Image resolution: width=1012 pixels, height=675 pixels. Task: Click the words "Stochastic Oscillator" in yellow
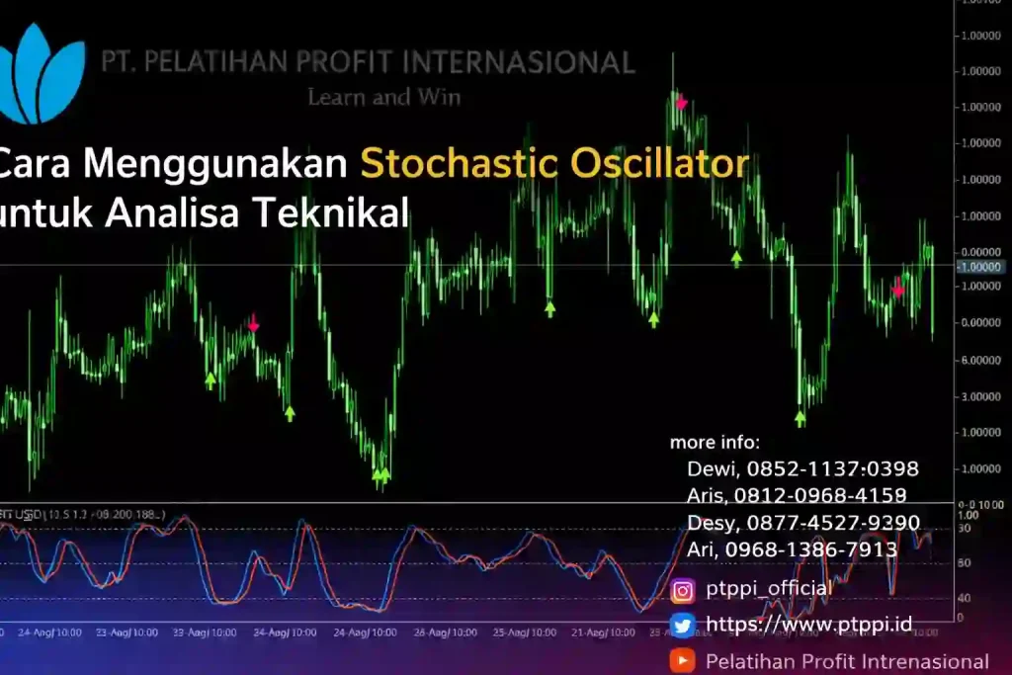pyautogui.click(x=553, y=164)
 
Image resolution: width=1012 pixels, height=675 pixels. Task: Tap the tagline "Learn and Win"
pyautogui.click(x=383, y=97)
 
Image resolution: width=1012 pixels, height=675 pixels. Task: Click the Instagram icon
pyautogui.click(x=682, y=591)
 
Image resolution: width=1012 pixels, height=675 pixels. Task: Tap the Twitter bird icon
pyautogui.click(x=682, y=626)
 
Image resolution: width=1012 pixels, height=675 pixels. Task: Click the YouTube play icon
pyautogui.click(x=682, y=660)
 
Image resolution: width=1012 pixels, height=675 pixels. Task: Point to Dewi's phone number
pyautogui.click(x=832, y=468)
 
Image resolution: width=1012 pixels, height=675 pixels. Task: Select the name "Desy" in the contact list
pyautogui.click(x=710, y=522)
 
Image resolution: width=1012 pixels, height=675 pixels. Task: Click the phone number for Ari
pyautogui.click(x=810, y=548)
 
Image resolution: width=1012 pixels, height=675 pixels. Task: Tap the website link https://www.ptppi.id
pyautogui.click(x=808, y=625)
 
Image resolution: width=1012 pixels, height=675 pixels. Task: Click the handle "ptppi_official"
pyautogui.click(x=769, y=589)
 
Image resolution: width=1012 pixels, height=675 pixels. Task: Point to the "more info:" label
pyautogui.click(x=715, y=442)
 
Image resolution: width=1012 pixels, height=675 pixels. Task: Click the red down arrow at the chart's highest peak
pyautogui.click(x=680, y=102)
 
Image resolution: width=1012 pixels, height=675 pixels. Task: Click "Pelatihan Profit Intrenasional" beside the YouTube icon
pyautogui.click(x=847, y=661)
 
